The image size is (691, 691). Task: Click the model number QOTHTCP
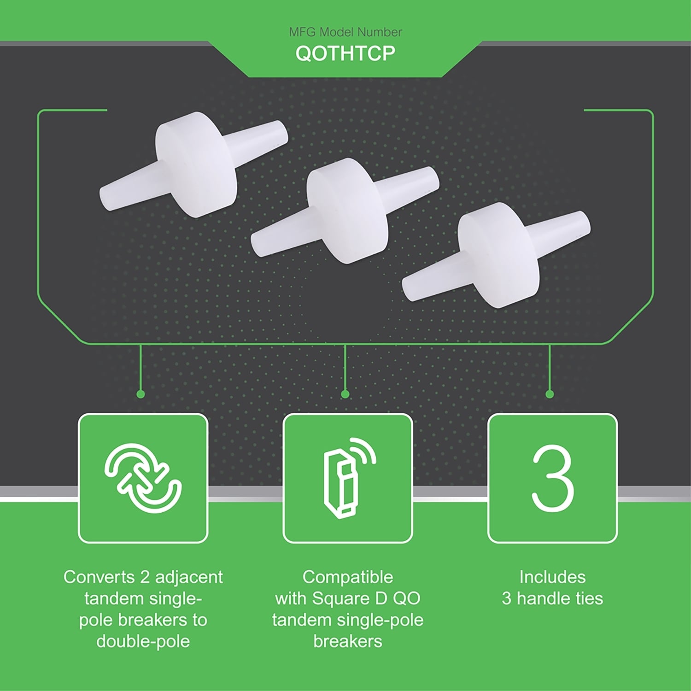(345, 53)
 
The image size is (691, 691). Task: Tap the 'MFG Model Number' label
(345, 32)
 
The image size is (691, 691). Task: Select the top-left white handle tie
(194, 164)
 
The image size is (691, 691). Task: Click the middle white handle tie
(345, 211)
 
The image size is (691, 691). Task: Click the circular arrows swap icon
(143, 478)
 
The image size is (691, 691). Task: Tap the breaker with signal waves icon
(349, 478)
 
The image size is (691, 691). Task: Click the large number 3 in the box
(552, 478)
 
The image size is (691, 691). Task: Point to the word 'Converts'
(99, 577)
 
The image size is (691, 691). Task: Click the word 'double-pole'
(143, 641)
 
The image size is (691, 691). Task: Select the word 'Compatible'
(348, 577)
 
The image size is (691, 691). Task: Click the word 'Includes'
(552, 577)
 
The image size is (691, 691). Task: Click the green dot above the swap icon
(141, 394)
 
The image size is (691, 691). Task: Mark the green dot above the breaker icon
(345, 394)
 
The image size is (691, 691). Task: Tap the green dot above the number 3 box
(550, 394)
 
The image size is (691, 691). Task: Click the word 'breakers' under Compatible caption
(348, 641)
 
